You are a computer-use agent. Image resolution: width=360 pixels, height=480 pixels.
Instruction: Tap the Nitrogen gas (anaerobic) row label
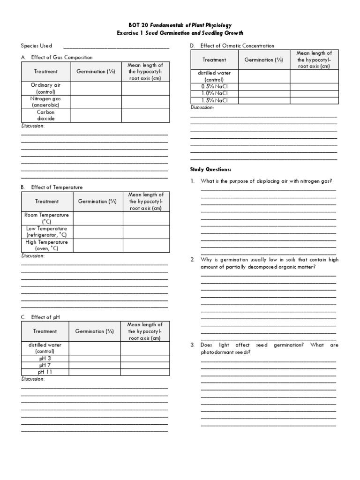45,102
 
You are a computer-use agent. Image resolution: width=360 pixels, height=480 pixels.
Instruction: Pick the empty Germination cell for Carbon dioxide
96,116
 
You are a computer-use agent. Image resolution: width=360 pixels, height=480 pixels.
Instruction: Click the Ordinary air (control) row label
45,88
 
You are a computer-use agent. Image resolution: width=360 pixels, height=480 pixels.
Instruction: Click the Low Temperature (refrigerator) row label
46,232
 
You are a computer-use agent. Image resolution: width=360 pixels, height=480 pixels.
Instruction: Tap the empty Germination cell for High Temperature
97,245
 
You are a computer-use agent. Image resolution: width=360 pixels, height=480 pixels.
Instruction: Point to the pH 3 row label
45,358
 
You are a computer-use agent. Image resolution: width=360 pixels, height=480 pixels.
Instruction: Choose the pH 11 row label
45,372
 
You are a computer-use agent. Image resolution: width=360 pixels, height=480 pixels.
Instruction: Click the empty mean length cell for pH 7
145,365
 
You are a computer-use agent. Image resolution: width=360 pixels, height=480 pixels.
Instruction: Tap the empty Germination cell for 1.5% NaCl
264,100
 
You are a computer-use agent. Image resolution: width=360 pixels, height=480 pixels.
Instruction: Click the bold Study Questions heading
210,169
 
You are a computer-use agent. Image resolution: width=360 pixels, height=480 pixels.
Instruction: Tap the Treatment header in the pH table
45,331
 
